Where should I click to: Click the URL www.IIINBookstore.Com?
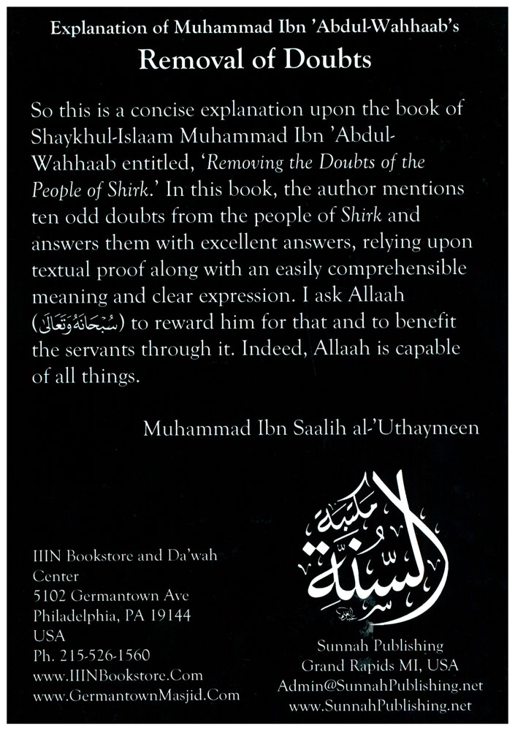click(107, 675)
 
